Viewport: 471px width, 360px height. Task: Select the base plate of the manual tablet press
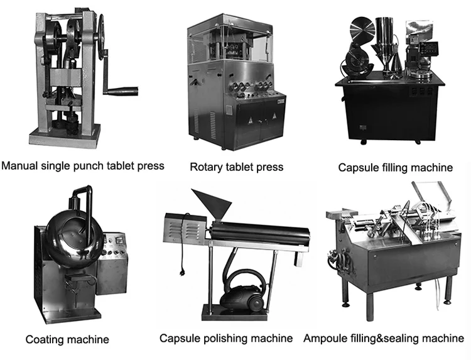coord(63,133)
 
